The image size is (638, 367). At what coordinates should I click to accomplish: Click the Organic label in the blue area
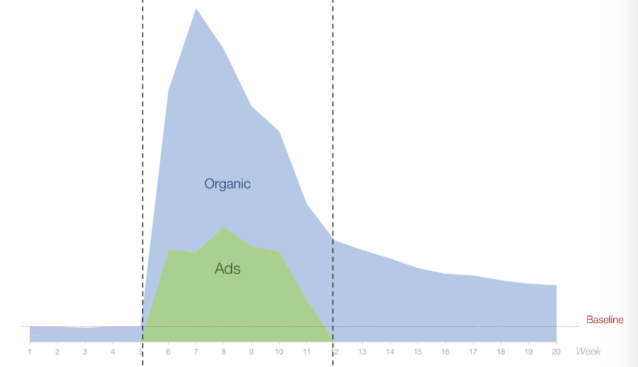(227, 184)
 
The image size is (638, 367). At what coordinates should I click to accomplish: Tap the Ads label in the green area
(227, 269)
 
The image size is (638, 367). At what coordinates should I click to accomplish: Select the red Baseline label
(604, 320)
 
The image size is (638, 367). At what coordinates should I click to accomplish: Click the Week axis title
(588, 351)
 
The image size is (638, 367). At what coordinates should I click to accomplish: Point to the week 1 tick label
(30, 351)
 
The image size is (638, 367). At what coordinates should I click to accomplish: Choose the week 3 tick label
(85, 351)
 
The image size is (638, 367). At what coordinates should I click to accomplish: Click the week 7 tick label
(196, 351)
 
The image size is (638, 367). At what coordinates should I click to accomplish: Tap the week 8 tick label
(224, 351)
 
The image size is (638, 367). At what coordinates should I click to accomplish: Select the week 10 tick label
(279, 351)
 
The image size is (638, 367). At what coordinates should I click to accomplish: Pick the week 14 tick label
(390, 351)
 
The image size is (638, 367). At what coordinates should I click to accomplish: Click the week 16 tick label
(445, 351)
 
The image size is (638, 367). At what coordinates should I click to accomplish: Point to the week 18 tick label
(501, 351)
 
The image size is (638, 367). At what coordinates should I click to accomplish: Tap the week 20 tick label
(556, 351)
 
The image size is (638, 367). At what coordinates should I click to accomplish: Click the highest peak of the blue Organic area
(196, 9)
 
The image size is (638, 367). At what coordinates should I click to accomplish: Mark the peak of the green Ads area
(224, 227)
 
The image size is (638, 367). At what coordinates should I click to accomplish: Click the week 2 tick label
(57, 351)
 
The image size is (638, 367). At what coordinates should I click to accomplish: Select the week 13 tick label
(362, 351)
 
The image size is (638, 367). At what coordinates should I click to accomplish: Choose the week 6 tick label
(168, 351)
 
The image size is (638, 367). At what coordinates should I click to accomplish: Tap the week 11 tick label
(307, 351)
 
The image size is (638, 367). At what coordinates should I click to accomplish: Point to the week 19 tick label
(528, 351)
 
